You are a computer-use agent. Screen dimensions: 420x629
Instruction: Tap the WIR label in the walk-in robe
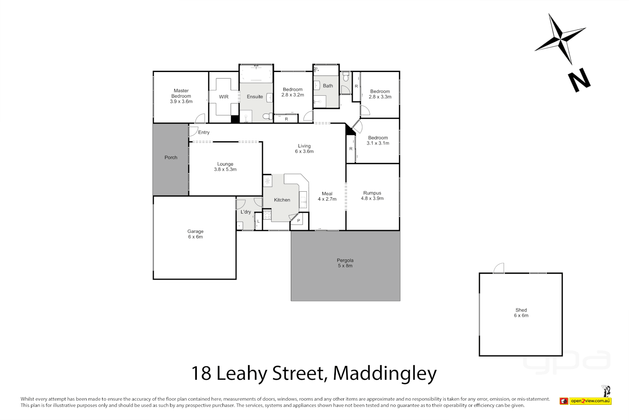tap(224, 97)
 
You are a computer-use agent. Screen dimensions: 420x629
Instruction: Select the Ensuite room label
tap(255, 97)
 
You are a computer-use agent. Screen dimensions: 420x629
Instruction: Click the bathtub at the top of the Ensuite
tap(256, 74)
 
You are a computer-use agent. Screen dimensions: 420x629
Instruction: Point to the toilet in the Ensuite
tap(268, 116)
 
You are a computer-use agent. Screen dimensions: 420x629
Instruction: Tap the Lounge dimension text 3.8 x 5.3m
tap(225, 170)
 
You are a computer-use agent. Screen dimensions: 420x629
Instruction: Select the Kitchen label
tap(282, 200)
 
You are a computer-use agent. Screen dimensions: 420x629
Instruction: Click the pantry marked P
tap(299, 221)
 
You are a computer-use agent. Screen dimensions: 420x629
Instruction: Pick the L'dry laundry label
tap(246, 212)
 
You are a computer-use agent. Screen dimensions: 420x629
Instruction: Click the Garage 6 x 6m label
tap(195, 234)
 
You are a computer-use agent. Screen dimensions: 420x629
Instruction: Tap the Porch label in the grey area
tap(171, 157)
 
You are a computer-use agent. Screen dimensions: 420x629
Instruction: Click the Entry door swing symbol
tap(193, 131)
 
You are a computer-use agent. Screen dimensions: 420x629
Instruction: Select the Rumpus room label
tap(372, 193)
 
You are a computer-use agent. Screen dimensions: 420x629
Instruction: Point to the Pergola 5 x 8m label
tap(345, 263)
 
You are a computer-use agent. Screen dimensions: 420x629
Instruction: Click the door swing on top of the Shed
tap(499, 268)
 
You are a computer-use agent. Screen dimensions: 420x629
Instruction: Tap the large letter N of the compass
tap(579, 80)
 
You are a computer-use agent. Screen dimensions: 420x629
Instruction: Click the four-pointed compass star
tap(560, 39)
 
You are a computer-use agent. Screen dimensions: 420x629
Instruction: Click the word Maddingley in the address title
tap(384, 373)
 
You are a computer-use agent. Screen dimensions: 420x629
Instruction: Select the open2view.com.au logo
tap(590, 401)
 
